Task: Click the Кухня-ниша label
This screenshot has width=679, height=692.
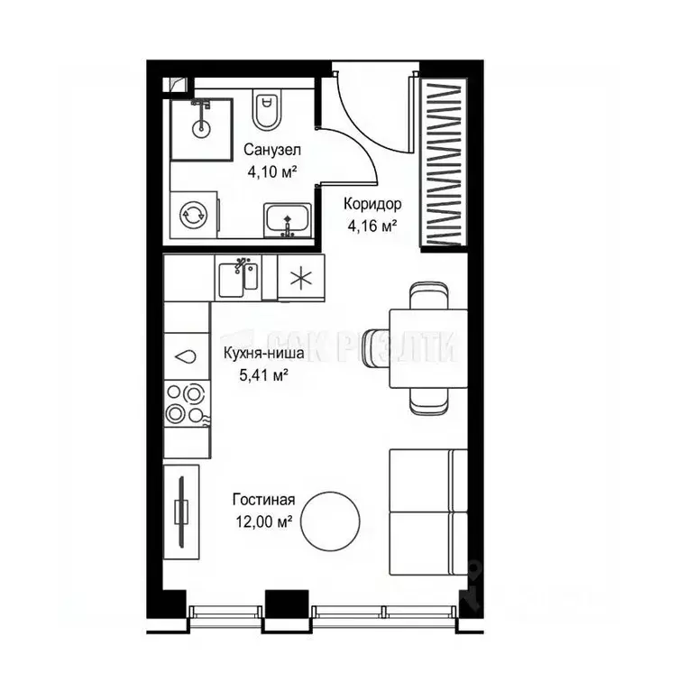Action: (x=263, y=355)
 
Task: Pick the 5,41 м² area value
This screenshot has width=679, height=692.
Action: (x=263, y=375)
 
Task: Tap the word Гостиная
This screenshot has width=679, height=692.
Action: (x=263, y=499)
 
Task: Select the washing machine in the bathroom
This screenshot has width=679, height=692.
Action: (x=193, y=214)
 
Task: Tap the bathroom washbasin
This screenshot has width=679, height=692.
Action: (x=288, y=218)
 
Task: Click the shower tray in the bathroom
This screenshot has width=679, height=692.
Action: (x=203, y=125)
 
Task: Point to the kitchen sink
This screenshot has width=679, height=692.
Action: (x=239, y=278)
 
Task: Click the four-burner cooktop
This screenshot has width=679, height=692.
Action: (x=185, y=404)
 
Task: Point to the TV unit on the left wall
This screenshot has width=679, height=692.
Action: (x=182, y=511)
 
